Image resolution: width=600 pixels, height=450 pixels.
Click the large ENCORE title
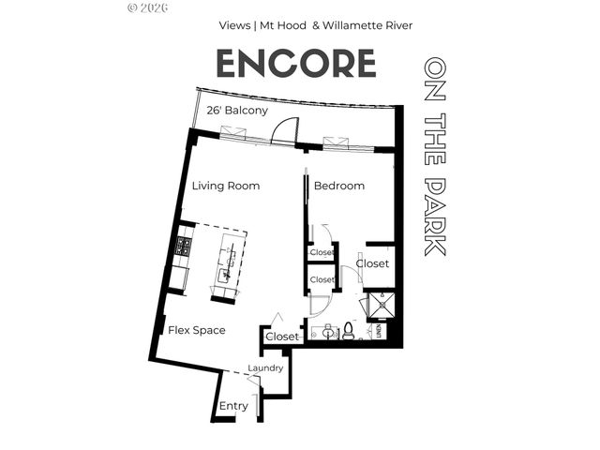click(296, 63)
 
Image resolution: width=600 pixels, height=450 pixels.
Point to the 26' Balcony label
click(237, 110)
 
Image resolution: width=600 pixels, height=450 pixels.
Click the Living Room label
click(226, 186)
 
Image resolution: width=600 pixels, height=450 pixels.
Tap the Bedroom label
click(338, 186)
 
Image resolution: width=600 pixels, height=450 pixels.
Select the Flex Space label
click(196, 330)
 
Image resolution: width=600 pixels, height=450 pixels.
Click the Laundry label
click(265, 368)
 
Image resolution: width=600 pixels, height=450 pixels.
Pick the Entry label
click(233, 406)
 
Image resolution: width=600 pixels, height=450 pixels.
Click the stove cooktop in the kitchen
click(184, 247)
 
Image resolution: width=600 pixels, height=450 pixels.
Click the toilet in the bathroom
click(347, 330)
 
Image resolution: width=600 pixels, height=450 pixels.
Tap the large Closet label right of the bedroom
click(372, 264)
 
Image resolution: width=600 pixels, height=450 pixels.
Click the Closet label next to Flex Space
click(282, 336)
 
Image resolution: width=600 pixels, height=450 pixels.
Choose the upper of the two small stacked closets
click(322, 252)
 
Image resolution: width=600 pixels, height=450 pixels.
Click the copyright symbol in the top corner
click(130, 7)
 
